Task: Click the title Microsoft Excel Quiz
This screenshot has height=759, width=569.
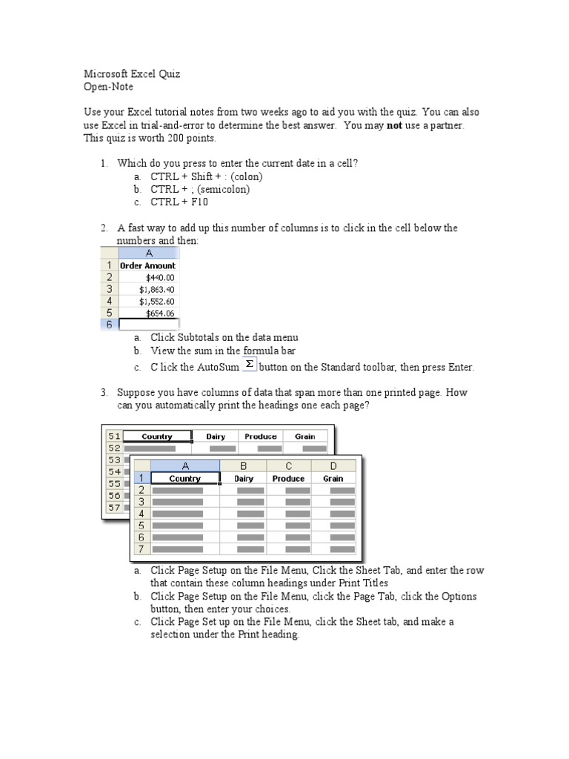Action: tap(131, 74)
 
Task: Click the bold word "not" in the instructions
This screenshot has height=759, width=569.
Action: tap(395, 125)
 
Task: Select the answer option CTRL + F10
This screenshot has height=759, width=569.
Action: tap(178, 202)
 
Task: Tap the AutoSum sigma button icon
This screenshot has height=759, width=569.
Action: tap(249, 364)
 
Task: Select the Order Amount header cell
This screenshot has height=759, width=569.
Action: tap(148, 265)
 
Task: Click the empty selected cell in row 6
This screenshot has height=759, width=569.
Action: tap(148, 325)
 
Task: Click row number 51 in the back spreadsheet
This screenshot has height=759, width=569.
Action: tap(113, 437)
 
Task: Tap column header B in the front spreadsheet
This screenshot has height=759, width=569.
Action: tap(244, 465)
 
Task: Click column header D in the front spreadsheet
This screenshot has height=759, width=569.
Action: tap(333, 465)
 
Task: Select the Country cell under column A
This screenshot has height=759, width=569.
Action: tap(185, 479)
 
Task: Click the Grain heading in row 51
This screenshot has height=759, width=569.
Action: tap(305, 437)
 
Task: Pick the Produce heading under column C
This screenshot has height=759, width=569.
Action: tap(288, 479)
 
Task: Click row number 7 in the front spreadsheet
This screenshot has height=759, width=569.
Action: tap(141, 549)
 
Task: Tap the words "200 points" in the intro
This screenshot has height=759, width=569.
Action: tap(191, 138)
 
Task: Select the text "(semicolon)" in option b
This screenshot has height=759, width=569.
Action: tap(223, 189)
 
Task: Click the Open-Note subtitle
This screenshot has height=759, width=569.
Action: tap(108, 87)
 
